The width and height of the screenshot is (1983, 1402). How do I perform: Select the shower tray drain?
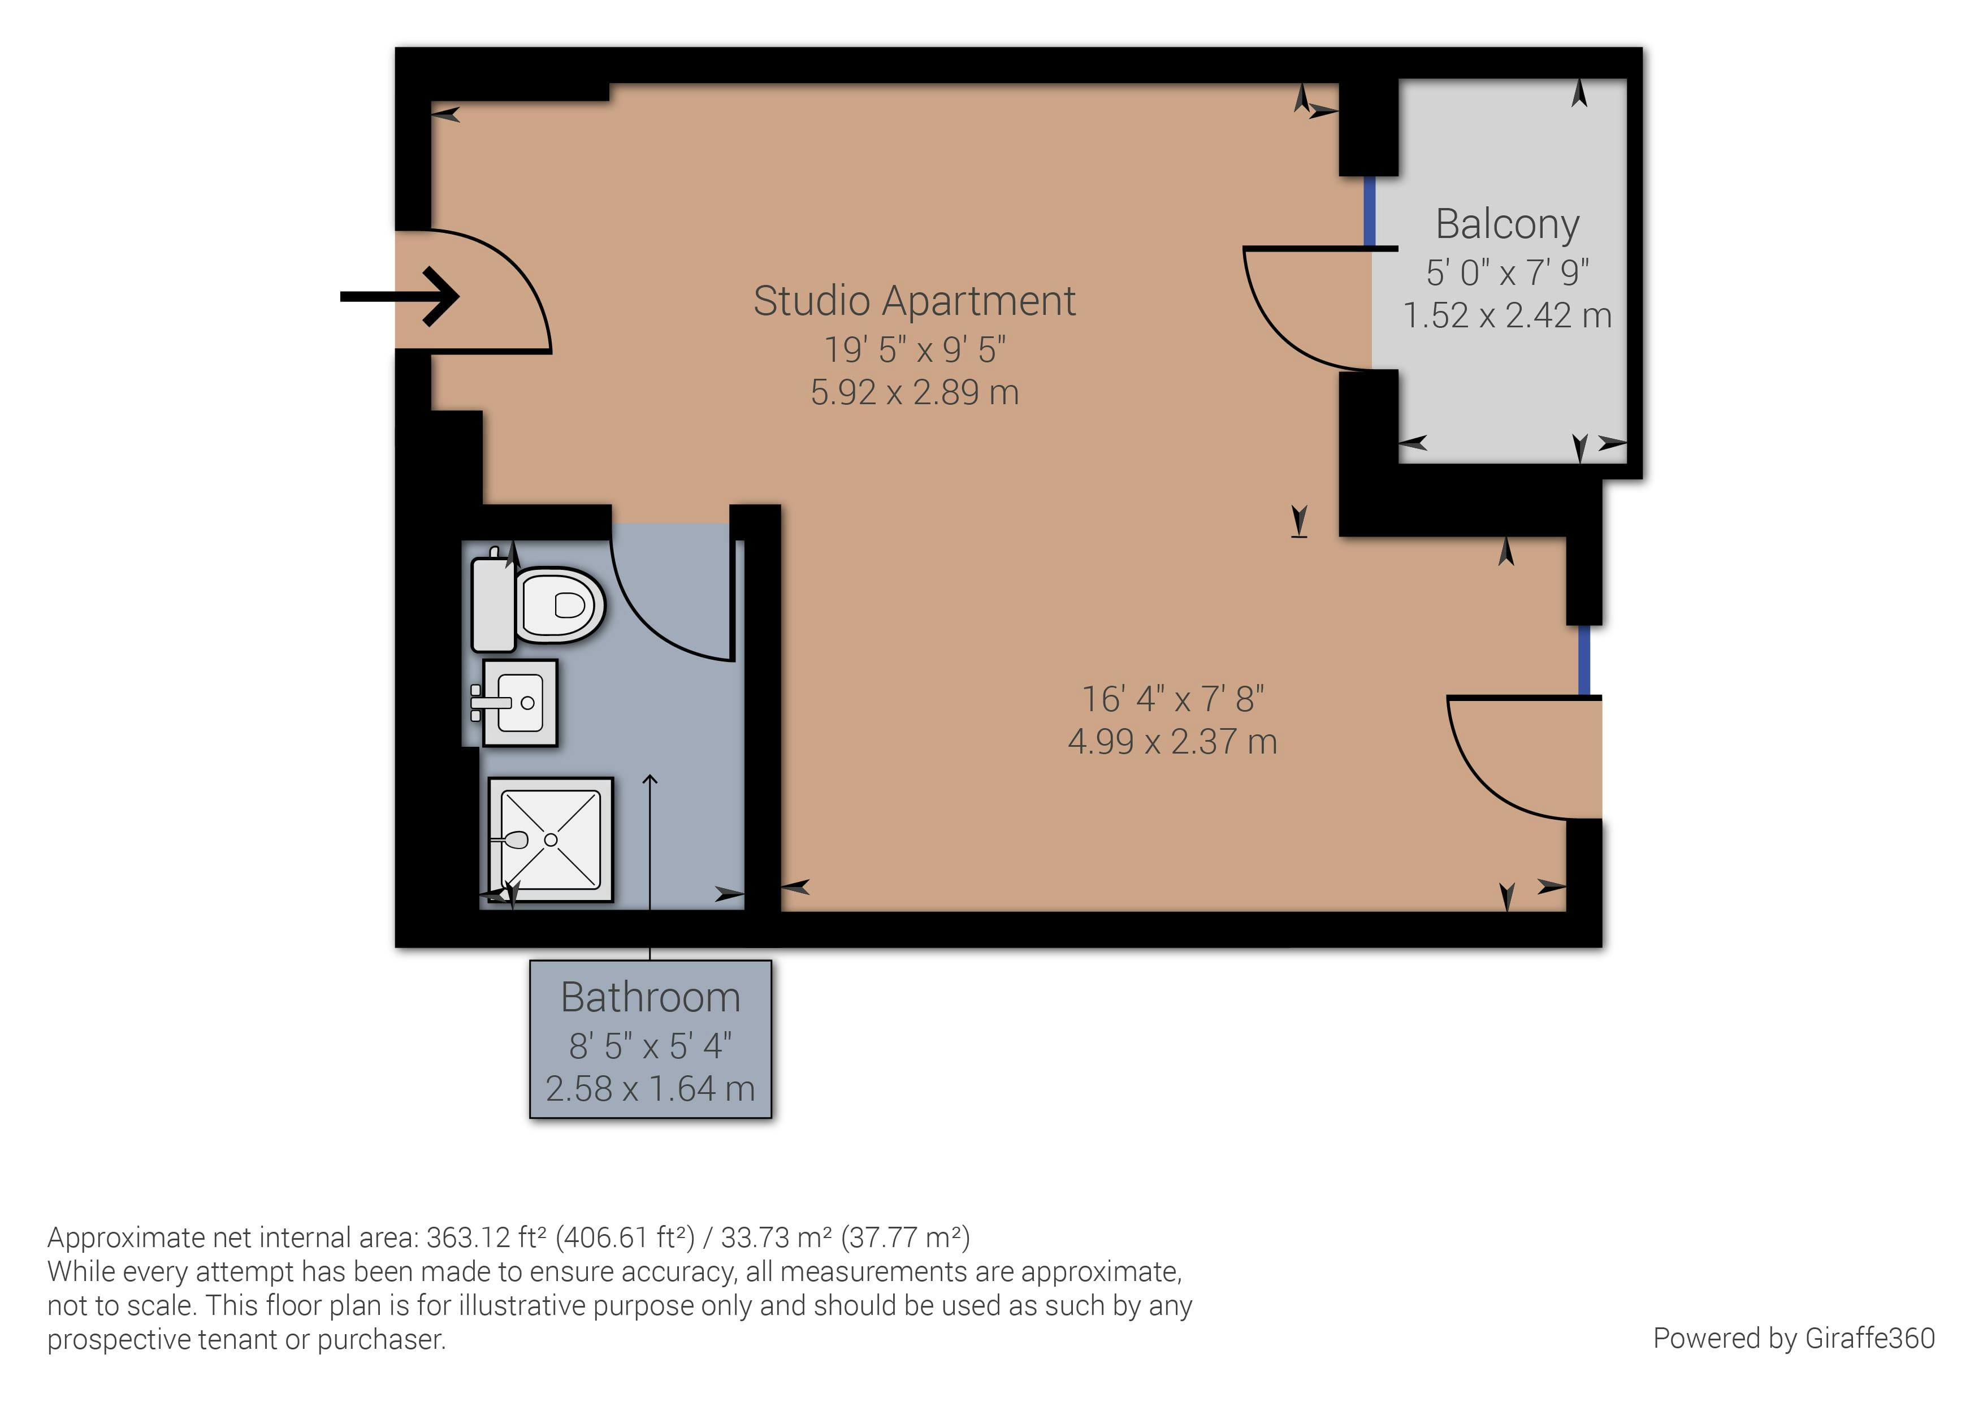551,840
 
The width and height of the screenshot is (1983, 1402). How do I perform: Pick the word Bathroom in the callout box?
650,998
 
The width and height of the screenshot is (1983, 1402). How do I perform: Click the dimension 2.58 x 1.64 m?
650,1089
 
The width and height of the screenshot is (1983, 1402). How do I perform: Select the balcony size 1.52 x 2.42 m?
1507,316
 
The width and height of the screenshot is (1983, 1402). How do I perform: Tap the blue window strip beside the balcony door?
1369,211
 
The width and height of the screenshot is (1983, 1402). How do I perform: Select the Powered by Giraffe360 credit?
1793,1338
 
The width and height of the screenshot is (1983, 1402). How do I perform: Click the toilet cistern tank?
493,605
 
